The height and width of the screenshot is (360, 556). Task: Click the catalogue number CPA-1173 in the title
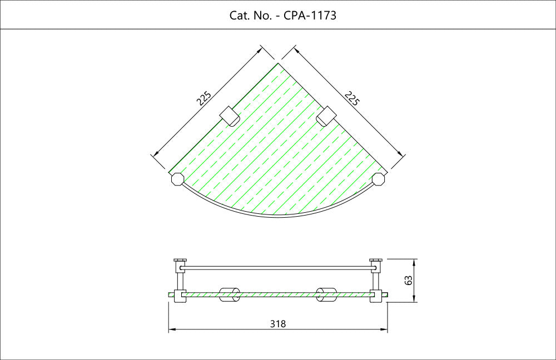pyautogui.click(x=310, y=15)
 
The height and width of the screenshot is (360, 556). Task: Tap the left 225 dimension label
pyautogui.click(x=204, y=98)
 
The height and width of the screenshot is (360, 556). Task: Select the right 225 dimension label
pyautogui.click(x=352, y=98)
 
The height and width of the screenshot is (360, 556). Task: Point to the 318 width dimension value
pyautogui.click(x=277, y=324)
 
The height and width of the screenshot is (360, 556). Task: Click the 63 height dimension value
pyautogui.click(x=408, y=280)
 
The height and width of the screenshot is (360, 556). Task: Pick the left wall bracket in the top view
pyautogui.click(x=229, y=116)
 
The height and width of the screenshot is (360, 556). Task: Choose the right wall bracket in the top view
pyautogui.click(x=326, y=116)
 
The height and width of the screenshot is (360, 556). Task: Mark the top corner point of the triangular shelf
pyautogui.click(x=277, y=63)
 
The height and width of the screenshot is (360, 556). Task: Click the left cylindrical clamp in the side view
pyautogui.click(x=230, y=295)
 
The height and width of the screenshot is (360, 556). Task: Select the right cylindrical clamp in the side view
pyautogui.click(x=326, y=295)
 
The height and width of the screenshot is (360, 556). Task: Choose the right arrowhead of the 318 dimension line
pyautogui.click(x=384, y=329)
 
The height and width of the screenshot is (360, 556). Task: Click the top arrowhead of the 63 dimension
pyautogui.click(x=414, y=262)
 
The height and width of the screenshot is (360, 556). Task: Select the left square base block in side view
pyautogui.click(x=180, y=296)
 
